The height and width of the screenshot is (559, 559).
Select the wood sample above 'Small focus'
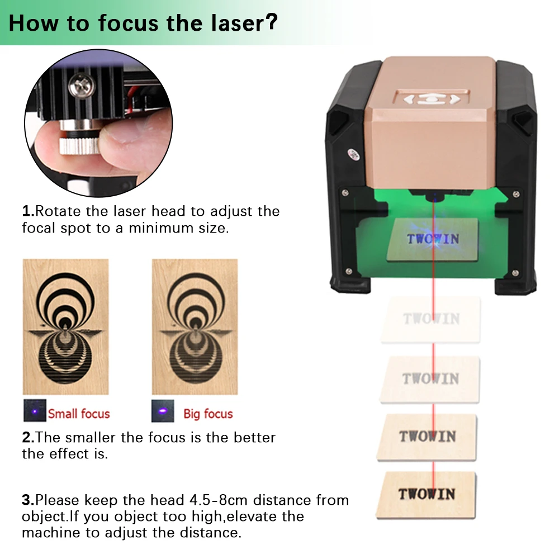65,326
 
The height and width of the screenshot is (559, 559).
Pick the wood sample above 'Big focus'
195,326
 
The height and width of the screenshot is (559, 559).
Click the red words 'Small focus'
79,414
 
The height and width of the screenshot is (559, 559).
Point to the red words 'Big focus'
208,414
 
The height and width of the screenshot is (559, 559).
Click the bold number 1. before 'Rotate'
29,211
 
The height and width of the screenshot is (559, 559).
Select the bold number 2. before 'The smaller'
29,437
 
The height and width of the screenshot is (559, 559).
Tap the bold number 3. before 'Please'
29,500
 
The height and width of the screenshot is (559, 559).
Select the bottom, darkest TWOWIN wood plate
427,494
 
